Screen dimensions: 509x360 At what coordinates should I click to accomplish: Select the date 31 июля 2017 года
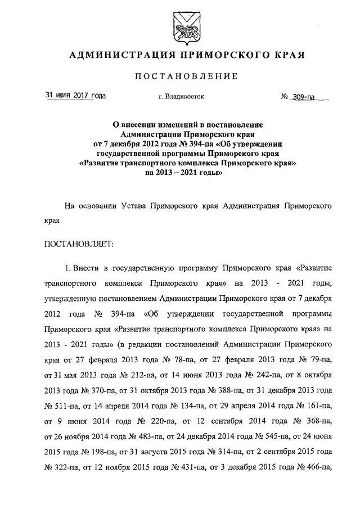click(x=75, y=96)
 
